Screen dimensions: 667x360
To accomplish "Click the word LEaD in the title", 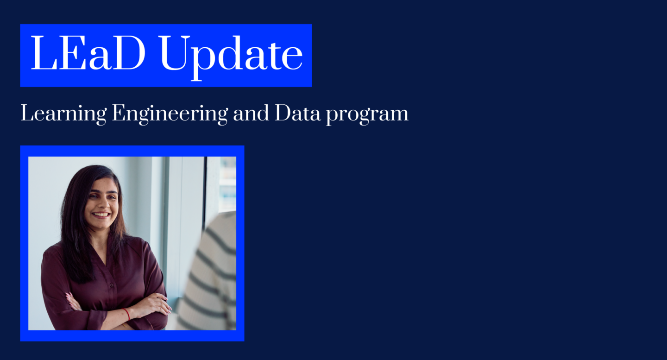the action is tap(88, 53).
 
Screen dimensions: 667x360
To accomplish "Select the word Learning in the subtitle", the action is tap(63, 114).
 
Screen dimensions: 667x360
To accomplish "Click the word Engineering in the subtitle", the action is tap(170, 114).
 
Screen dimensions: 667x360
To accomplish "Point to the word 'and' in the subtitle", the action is tap(251, 113).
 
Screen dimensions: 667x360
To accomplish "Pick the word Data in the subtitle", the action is tap(297, 113).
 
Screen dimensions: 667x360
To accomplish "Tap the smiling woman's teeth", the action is tap(101, 214).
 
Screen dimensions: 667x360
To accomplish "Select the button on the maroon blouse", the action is tap(112, 285).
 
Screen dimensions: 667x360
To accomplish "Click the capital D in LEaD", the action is tap(129, 53).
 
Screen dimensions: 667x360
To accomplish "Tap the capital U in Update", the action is tap(175, 53).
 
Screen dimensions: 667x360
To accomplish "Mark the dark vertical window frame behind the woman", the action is tap(205, 194).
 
